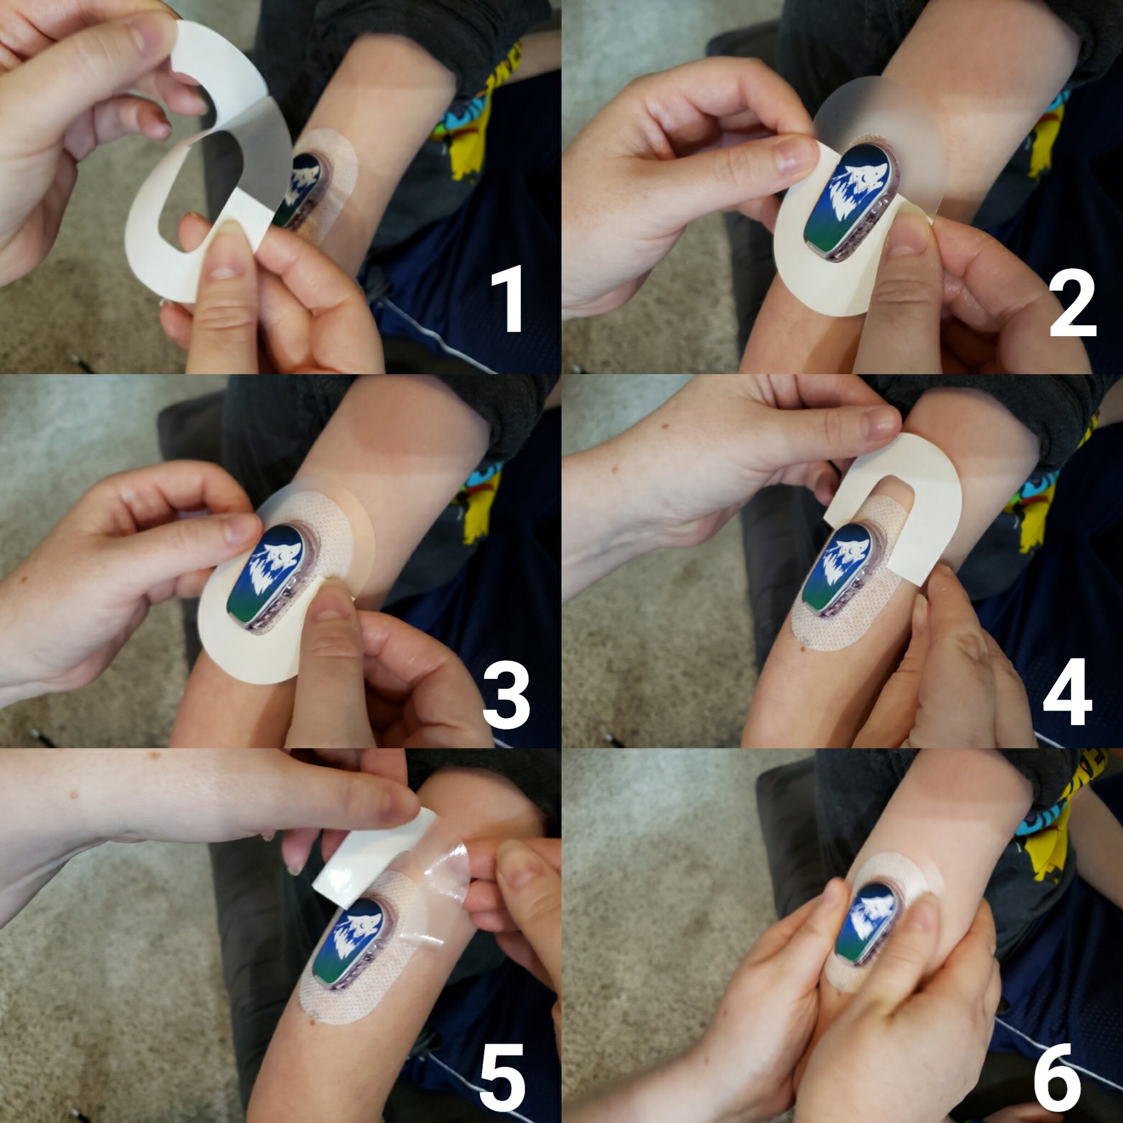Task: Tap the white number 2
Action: [1073, 305]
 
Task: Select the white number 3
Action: [506, 694]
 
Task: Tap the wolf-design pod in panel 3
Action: [273, 578]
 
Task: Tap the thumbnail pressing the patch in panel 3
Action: [332, 604]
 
